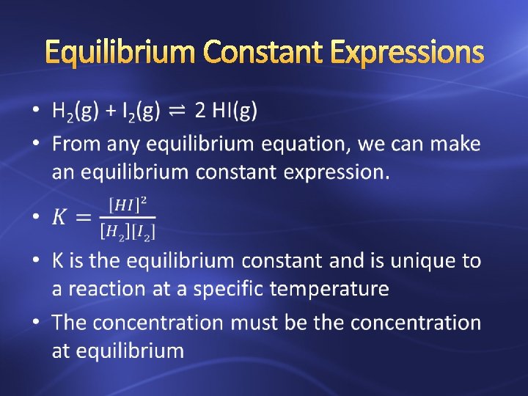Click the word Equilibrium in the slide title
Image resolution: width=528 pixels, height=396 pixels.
[120, 52]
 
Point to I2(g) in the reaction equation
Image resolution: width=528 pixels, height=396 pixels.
[139, 111]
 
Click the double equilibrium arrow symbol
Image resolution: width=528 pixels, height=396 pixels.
[177, 111]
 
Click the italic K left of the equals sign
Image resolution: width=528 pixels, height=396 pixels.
[61, 218]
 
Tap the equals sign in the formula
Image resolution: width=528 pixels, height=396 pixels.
[84, 218]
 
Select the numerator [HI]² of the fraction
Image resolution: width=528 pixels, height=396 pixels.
[127, 204]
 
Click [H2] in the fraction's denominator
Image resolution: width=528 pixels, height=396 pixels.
[111, 232]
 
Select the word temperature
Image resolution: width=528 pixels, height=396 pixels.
[329, 289]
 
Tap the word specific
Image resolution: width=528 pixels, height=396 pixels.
[228, 289]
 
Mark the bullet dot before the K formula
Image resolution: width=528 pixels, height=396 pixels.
[37, 218]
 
